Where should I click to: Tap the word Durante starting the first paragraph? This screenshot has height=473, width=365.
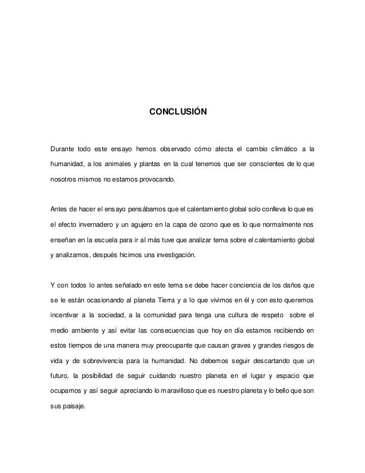(64, 150)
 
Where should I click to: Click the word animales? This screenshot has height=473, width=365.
(121, 165)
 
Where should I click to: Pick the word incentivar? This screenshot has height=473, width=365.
(68, 315)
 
